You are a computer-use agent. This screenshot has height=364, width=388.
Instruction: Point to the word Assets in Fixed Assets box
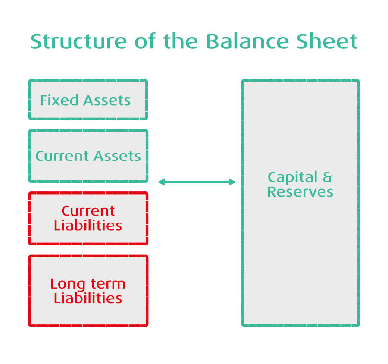coord(106,100)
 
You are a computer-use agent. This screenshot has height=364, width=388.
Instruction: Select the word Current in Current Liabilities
coord(88,211)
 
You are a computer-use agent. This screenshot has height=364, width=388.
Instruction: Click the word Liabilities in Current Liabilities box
coord(88,226)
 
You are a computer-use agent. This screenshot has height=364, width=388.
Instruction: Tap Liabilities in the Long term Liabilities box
coord(88,298)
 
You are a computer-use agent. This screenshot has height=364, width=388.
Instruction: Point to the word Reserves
coord(300,192)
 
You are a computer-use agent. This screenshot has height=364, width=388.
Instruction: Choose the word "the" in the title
coord(180,42)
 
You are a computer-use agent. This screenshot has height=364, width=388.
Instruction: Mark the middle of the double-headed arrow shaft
coord(197,182)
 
